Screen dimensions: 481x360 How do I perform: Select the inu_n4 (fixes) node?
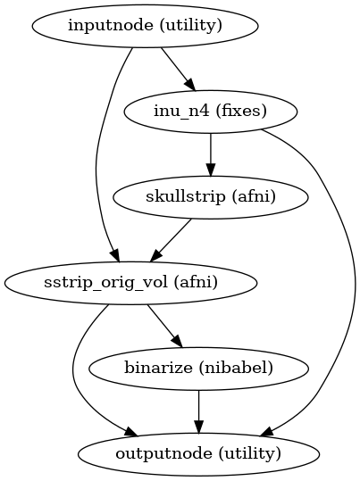210,112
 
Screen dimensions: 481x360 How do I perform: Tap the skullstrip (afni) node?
210,196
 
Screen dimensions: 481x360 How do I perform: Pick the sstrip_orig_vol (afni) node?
131,283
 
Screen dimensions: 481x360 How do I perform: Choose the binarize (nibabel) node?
198,368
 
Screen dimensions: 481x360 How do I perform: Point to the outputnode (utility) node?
198,452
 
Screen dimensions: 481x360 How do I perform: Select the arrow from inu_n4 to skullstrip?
210,153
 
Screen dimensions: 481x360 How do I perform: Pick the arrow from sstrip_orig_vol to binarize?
164,325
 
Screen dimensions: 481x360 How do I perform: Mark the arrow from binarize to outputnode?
198,410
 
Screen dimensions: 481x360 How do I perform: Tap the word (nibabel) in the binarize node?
246,368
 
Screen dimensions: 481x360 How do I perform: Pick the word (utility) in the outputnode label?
249,452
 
